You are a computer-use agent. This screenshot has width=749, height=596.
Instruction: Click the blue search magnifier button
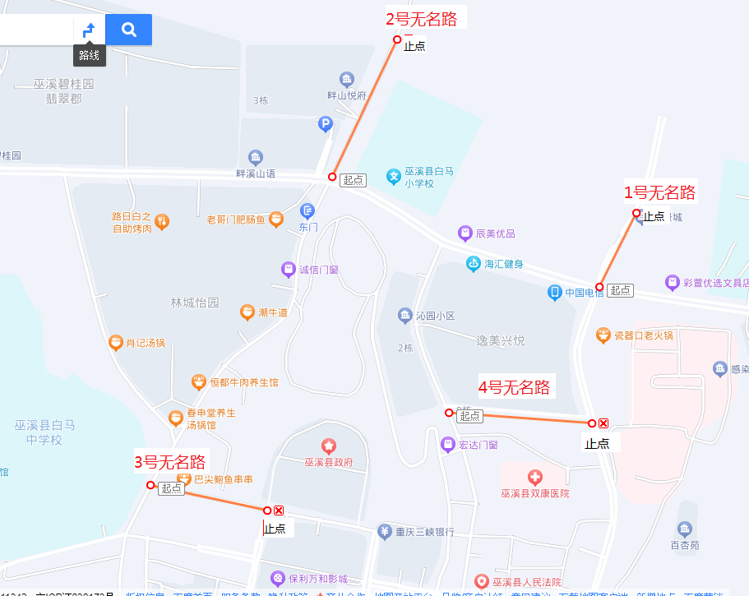coord(129,30)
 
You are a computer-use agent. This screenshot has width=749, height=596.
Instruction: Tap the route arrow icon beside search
coord(89,30)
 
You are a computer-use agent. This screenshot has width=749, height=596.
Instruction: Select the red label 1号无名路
coord(659,193)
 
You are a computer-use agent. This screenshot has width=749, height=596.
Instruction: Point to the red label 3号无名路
coord(170,462)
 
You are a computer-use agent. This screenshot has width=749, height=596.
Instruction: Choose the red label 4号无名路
coord(515,387)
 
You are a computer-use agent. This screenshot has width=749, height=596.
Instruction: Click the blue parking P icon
coord(326,124)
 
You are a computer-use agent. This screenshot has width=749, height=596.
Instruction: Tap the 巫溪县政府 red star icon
coord(329,446)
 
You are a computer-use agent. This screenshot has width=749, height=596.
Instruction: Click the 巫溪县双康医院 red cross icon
coord(534,478)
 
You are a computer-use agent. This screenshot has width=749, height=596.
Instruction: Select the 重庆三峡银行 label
coord(424,532)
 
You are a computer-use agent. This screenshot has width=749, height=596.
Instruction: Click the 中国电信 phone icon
coord(555,292)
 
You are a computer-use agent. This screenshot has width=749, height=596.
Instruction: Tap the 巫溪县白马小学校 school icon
coord(394,175)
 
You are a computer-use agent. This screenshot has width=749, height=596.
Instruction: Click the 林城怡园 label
coord(195,303)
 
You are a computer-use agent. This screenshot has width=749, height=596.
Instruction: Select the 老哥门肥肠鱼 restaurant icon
coord(275,219)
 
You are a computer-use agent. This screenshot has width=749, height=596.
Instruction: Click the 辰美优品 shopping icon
coord(465,233)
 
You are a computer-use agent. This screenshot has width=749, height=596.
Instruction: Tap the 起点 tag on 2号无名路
coord(354,180)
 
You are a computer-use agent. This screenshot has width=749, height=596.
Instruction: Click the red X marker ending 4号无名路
coord(603,423)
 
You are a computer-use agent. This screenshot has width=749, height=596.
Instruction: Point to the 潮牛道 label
coord(272,312)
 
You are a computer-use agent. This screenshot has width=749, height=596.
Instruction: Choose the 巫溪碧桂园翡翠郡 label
coord(64,91)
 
